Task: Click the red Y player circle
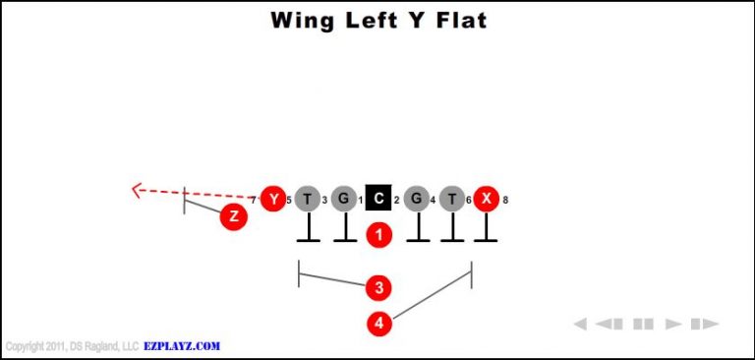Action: pos(273,200)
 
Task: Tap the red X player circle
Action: pos(486,200)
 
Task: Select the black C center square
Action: pos(378,200)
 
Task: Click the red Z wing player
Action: pos(233,217)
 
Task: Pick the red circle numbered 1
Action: pos(378,234)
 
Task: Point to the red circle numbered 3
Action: pos(378,287)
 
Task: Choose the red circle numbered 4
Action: pos(378,322)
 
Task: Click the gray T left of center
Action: pos(308,200)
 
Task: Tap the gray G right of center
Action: pos(417,200)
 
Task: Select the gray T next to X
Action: pos(451,200)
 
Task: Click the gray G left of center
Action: pos(343,200)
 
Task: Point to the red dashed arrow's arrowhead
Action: pos(139,190)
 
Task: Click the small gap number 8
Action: pos(505,201)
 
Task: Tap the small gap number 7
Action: pos(253,201)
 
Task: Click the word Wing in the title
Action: pos(304,21)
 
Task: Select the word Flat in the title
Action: pos(458,21)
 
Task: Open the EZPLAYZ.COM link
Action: pos(181,346)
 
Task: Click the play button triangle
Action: pos(673,324)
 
